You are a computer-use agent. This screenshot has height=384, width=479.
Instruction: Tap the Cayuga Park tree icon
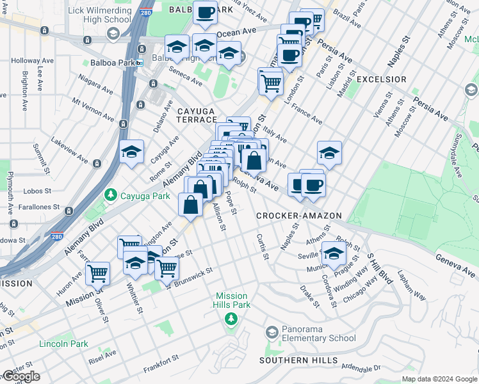[x=111, y=194]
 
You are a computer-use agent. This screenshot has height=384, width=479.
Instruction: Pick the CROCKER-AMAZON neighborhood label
[x=299, y=216]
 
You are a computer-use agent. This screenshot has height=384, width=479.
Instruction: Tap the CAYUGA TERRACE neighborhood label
[x=197, y=115]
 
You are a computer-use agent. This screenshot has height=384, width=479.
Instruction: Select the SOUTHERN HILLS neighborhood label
[x=298, y=360]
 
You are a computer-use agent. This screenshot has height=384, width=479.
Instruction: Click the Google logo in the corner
[x=20, y=376]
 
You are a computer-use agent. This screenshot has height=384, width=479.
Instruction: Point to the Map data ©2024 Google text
[x=439, y=379]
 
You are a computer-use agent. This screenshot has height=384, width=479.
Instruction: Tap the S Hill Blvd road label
[x=378, y=268]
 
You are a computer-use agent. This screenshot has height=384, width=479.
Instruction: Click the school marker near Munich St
[x=334, y=253]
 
